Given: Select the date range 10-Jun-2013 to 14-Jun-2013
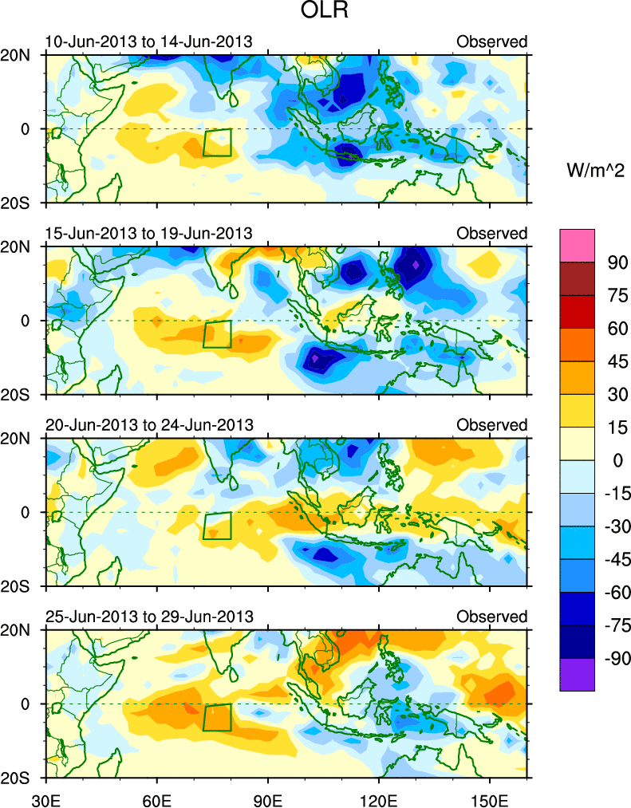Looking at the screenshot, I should coord(148,41).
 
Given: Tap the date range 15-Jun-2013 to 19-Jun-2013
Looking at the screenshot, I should coord(148,234).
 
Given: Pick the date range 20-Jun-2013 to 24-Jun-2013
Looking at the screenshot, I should coord(148,425).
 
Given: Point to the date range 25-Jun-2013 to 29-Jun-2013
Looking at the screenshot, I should coord(148,617).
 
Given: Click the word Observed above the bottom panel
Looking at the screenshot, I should coord(491,617).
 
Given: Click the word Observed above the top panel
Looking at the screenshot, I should coord(491,41).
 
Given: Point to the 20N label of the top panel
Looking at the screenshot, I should coord(19,55).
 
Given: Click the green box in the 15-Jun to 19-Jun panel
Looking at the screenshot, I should coord(217,334).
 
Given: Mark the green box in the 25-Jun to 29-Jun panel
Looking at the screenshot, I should coord(217,717).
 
